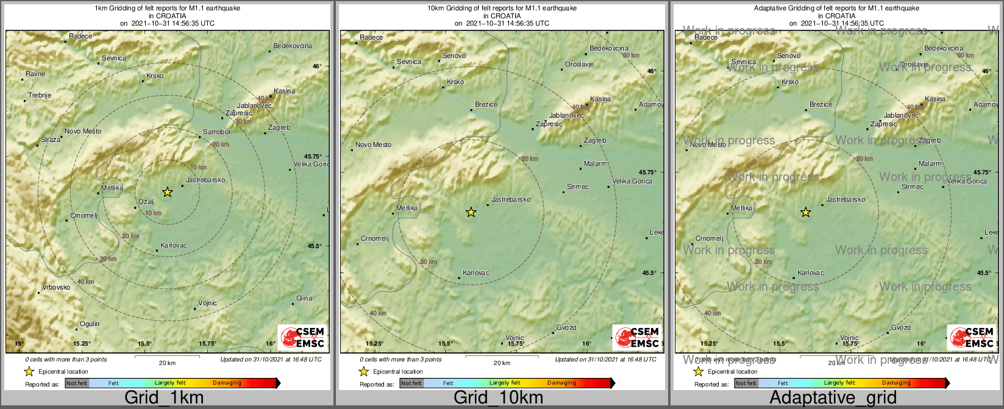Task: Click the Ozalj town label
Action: pos(146,202)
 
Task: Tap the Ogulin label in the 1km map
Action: pos(90,324)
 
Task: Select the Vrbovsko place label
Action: pos(56,287)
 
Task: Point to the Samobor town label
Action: pos(217,132)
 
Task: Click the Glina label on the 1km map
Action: pos(304,298)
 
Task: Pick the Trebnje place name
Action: pos(40,95)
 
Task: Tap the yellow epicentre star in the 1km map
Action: pos(168,192)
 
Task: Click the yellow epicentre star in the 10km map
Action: pos(471,212)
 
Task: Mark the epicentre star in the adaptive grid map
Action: pos(805,212)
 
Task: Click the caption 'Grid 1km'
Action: pos(164,398)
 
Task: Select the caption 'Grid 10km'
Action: pos(498,398)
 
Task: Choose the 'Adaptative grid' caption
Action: pos(833,398)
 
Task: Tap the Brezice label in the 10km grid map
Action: pos(486,104)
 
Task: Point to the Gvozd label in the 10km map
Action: pos(566,327)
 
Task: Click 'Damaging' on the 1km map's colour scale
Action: pos(227,383)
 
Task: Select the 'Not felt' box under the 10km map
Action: pos(411,383)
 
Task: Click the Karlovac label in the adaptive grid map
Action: pos(811,272)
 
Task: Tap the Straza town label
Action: pos(51,140)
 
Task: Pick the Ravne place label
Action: pos(35,74)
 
